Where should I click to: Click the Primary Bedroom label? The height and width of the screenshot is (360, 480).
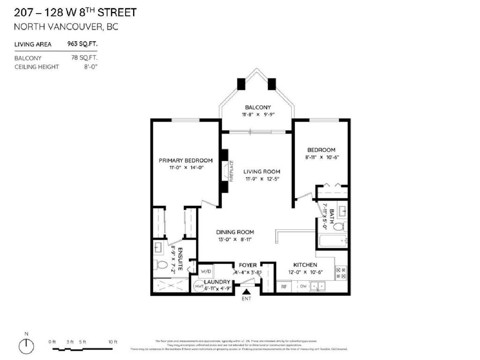(x=186, y=160)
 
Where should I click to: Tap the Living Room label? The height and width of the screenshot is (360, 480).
(x=262, y=172)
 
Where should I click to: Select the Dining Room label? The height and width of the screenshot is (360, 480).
(x=235, y=232)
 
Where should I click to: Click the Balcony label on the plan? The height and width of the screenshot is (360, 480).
(x=258, y=107)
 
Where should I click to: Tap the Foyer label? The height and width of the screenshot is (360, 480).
(x=248, y=265)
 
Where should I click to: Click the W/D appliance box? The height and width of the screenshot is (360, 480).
(x=206, y=271)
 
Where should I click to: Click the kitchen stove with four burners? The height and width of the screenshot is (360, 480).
(x=341, y=273)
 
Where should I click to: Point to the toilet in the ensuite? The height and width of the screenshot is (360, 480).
(x=161, y=265)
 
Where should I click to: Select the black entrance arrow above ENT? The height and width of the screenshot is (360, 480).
(x=246, y=292)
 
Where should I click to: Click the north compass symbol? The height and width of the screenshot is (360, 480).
(x=27, y=346)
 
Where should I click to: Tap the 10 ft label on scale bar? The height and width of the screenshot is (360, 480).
(x=112, y=342)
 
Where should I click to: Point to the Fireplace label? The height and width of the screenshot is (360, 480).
(x=231, y=172)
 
